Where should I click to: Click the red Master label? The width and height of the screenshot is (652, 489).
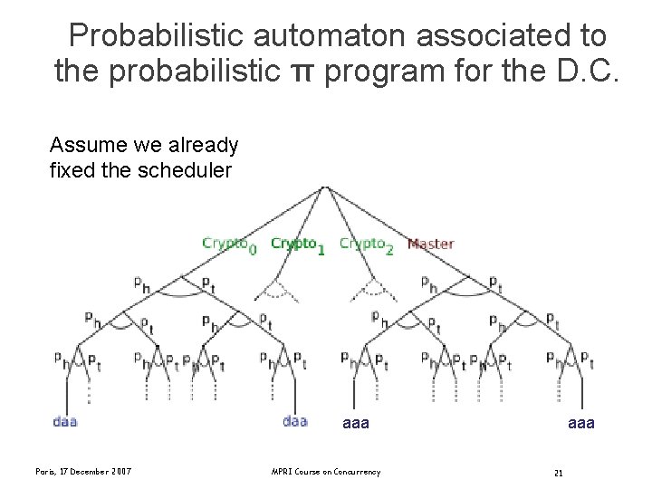[430, 244]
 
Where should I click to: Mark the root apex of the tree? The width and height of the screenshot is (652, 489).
[325, 187]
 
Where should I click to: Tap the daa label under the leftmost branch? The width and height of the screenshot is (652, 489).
[65, 421]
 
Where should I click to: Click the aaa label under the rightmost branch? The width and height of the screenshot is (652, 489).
[581, 422]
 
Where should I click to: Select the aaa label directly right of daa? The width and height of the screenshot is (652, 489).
[356, 422]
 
